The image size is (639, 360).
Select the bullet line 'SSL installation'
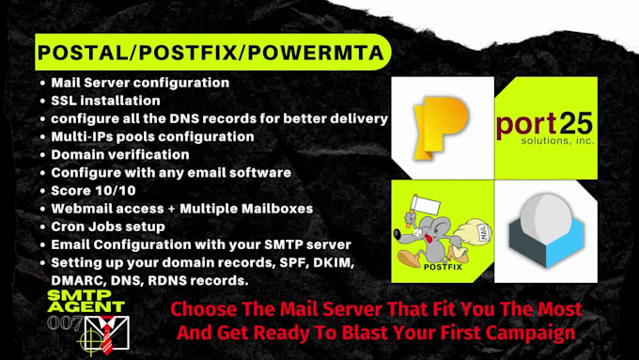tap(105, 100)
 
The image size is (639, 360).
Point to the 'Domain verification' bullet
tap(119, 154)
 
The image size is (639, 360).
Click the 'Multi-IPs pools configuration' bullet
tap(152, 136)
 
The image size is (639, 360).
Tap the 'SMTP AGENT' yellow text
tap(86, 300)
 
